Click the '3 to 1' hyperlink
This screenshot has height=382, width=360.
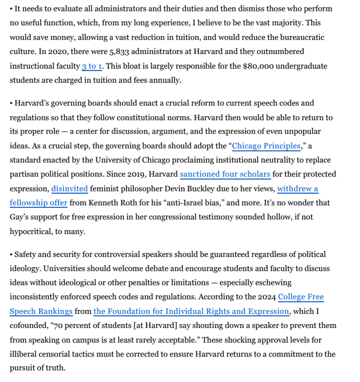coord(92,66)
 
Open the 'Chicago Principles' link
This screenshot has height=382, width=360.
coord(266,146)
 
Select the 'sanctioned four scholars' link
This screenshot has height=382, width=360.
coord(225,174)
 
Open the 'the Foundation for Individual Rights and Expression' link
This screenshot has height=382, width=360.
coord(191,311)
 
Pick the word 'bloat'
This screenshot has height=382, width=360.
coord(132,66)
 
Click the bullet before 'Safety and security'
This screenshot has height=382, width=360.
coord(11,254)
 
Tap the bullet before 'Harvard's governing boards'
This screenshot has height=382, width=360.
coord(11,103)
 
